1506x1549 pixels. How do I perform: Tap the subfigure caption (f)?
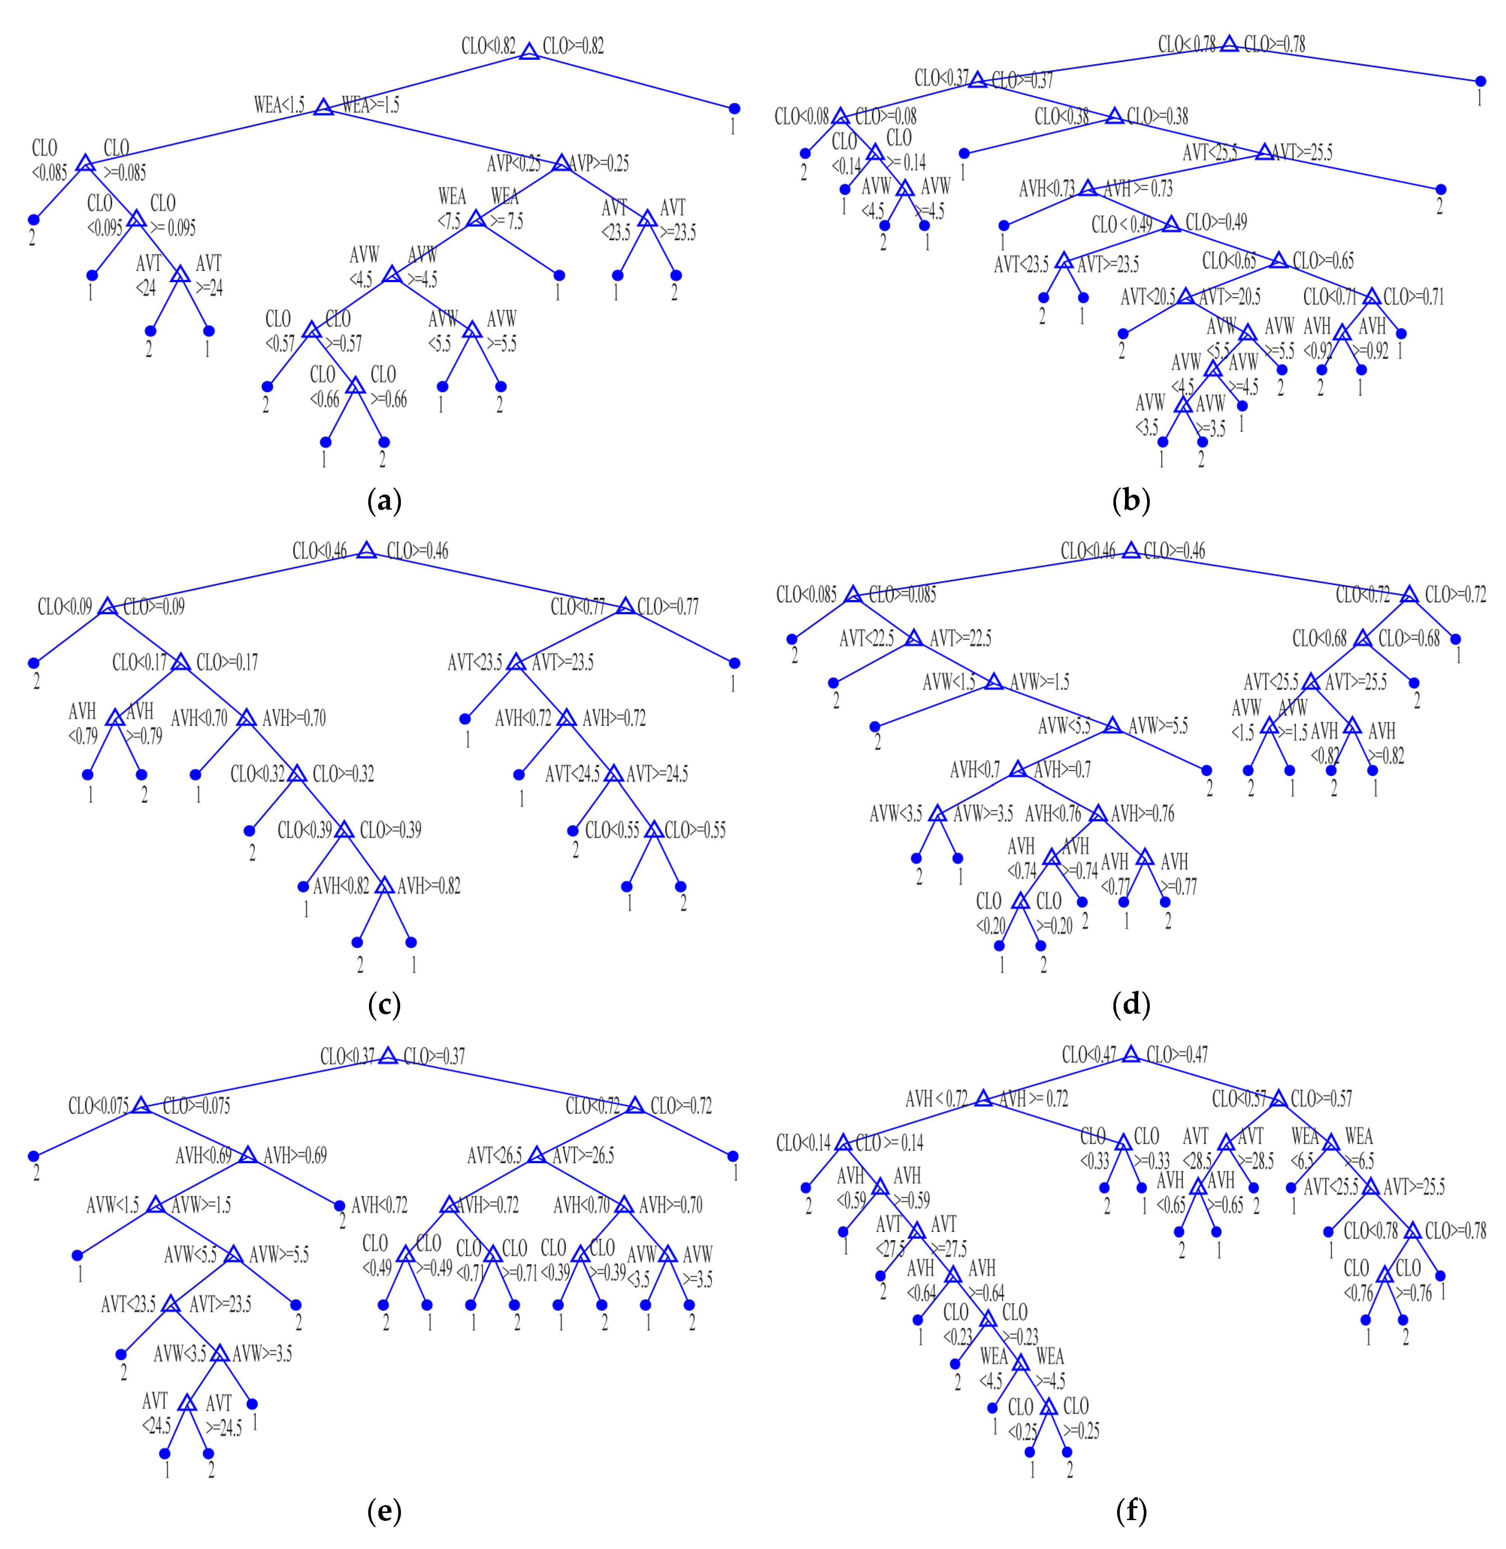coord(1131,1511)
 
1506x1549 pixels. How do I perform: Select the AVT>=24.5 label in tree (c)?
coord(657,774)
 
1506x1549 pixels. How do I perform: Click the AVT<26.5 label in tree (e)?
coord(494,1155)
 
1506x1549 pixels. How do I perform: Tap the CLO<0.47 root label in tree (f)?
coord(1088,1055)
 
